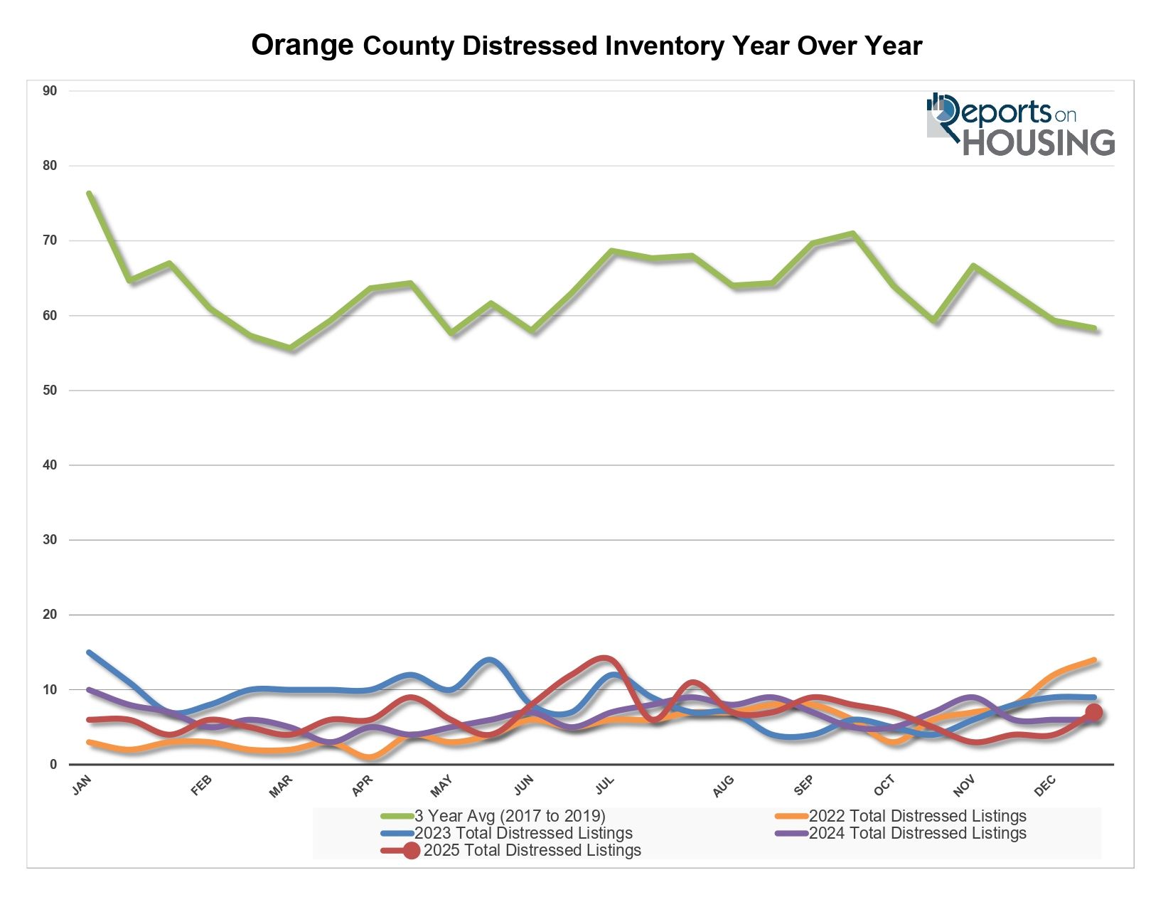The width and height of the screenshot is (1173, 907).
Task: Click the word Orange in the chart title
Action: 302,46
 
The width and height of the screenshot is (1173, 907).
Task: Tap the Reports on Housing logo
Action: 1020,124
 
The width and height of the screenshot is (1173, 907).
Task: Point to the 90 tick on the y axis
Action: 50,91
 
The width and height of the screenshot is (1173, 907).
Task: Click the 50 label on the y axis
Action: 50,391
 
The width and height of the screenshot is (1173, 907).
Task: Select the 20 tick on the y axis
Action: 50,615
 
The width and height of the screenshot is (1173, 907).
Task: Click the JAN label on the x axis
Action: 82,785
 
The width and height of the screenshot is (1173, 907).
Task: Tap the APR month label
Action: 363,785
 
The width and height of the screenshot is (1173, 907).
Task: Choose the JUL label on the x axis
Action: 604,785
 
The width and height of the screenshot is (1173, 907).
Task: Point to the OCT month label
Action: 884,785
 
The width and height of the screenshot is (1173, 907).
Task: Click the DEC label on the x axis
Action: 1045,785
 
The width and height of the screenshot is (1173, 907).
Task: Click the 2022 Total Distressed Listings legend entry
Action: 917,816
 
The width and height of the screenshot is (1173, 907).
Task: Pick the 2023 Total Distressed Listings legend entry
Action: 523,833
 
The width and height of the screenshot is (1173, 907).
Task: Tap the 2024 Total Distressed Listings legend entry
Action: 917,833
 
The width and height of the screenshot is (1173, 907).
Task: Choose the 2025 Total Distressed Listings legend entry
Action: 532,850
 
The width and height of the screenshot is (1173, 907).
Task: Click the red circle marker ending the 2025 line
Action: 1093,712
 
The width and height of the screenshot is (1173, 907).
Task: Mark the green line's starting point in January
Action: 89,193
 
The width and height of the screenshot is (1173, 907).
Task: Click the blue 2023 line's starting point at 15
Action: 89,652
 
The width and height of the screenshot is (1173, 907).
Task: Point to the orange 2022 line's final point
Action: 1094,660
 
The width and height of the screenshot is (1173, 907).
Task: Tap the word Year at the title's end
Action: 894,46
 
